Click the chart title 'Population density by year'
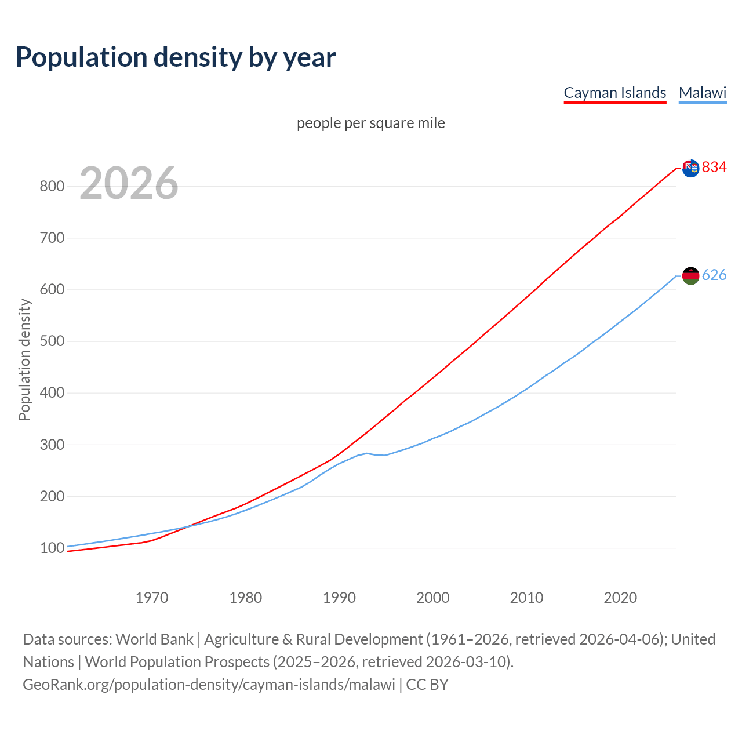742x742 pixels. (176, 57)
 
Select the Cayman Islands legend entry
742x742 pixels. (614, 93)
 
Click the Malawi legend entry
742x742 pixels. (702, 93)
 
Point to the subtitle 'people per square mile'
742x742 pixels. (370, 123)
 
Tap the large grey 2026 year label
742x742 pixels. (129, 183)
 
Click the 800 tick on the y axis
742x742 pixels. (52, 187)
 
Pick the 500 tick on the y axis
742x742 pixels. (52, 341)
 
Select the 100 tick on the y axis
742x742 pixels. (52, 548)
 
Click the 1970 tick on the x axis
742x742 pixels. (152, 598)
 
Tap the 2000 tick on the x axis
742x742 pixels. (432, 598)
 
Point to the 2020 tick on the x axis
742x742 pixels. (620, 598)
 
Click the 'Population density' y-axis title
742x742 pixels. (24, 359)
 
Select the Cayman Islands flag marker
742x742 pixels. (690, 168)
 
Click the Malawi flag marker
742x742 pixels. (690, 276)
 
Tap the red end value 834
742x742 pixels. (714, 168)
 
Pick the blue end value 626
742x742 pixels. (714, 275)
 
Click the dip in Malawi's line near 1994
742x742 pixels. (380, 455)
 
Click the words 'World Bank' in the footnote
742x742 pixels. (154, 639)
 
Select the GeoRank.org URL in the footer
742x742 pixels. (209, 685)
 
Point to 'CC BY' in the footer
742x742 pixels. (427, 685)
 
